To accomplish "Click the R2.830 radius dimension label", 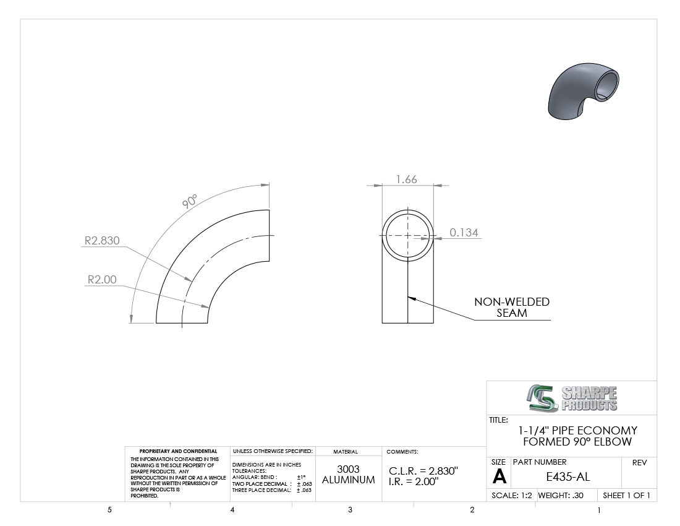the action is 102,241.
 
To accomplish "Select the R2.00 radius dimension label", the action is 102,280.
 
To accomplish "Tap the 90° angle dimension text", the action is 190,201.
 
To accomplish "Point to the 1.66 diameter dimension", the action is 406,179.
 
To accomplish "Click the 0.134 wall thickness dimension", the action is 464,233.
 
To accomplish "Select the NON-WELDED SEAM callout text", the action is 512,308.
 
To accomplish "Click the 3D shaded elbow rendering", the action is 584,91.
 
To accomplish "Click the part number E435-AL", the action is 567,477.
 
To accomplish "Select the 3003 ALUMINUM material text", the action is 348,475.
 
